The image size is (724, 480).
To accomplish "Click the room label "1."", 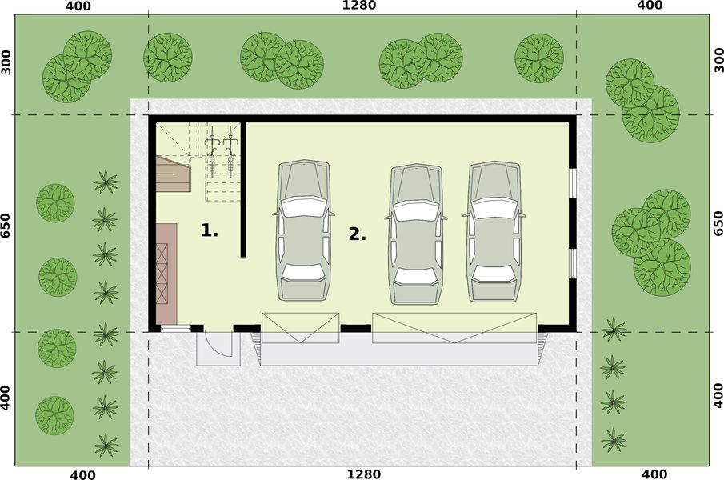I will point(209,231).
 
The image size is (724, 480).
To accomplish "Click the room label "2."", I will point(357,234).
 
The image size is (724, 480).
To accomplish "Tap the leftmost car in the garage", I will point(303,230).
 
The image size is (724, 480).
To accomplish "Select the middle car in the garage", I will point(416,234).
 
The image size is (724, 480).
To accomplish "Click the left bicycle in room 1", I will point(213,154).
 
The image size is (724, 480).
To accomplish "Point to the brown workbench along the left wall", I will point(166,274).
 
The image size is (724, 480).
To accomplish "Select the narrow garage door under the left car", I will point(301,328).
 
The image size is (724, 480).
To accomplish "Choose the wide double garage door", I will point(454,328).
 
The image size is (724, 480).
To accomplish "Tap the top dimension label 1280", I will point(358,6).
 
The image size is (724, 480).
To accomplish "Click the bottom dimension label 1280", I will point(358,474).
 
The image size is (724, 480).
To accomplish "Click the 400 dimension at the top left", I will point(79,6).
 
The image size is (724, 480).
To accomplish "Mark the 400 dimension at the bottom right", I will point(649,474).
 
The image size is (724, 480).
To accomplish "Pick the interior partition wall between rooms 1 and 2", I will point(243,189).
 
